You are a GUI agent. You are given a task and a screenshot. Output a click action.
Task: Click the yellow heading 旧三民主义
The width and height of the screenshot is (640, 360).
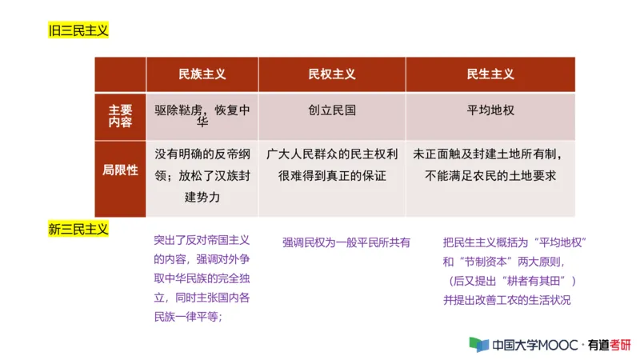click(x=78, y=31)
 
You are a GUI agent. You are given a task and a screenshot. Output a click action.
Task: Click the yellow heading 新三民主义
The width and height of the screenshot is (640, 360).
click(x=78, y=230)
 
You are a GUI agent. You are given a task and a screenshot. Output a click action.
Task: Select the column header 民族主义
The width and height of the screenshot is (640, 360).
click(x=202, y=74)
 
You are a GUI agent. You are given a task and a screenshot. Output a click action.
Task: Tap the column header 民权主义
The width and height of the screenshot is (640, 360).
click(x=332, y=74)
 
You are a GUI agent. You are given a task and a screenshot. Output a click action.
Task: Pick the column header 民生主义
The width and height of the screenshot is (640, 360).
click(x=490, y=74)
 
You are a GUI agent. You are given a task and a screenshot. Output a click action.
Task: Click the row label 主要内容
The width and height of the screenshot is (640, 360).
click(x=120, y=117)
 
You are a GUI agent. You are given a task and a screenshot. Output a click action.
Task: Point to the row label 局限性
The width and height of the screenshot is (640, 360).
click(x=120, y=170)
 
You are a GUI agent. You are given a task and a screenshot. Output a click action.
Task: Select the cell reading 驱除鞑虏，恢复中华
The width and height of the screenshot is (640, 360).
click(x=202, y=116)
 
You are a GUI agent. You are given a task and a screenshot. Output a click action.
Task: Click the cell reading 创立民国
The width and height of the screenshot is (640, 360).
click(x=332, y=110)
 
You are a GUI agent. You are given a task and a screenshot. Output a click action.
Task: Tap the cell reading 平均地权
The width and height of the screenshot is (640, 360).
click(x=490, y=110)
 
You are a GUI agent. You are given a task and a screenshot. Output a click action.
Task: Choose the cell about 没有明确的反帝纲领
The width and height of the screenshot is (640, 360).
click(x=202, y=174)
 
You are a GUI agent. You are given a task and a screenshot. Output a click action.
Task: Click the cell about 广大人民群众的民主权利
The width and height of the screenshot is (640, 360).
click(x=332, y=164)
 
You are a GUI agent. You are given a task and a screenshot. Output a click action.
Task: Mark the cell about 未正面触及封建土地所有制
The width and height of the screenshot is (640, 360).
click(x=490, y=164)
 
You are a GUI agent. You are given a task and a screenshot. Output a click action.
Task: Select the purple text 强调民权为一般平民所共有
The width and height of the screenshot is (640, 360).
click(x=346, y=242)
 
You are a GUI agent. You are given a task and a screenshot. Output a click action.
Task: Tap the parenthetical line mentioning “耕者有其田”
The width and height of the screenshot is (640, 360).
click(x=512, y=281)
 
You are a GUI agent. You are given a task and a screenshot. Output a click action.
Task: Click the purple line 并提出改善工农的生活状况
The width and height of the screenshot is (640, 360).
click(x=506, y=300)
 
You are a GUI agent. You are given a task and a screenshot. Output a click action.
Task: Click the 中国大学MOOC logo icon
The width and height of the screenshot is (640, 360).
click(x=478, y=345)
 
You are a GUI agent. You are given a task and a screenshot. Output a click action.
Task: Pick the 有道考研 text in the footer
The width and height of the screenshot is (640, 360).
click(x=609, y=346)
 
